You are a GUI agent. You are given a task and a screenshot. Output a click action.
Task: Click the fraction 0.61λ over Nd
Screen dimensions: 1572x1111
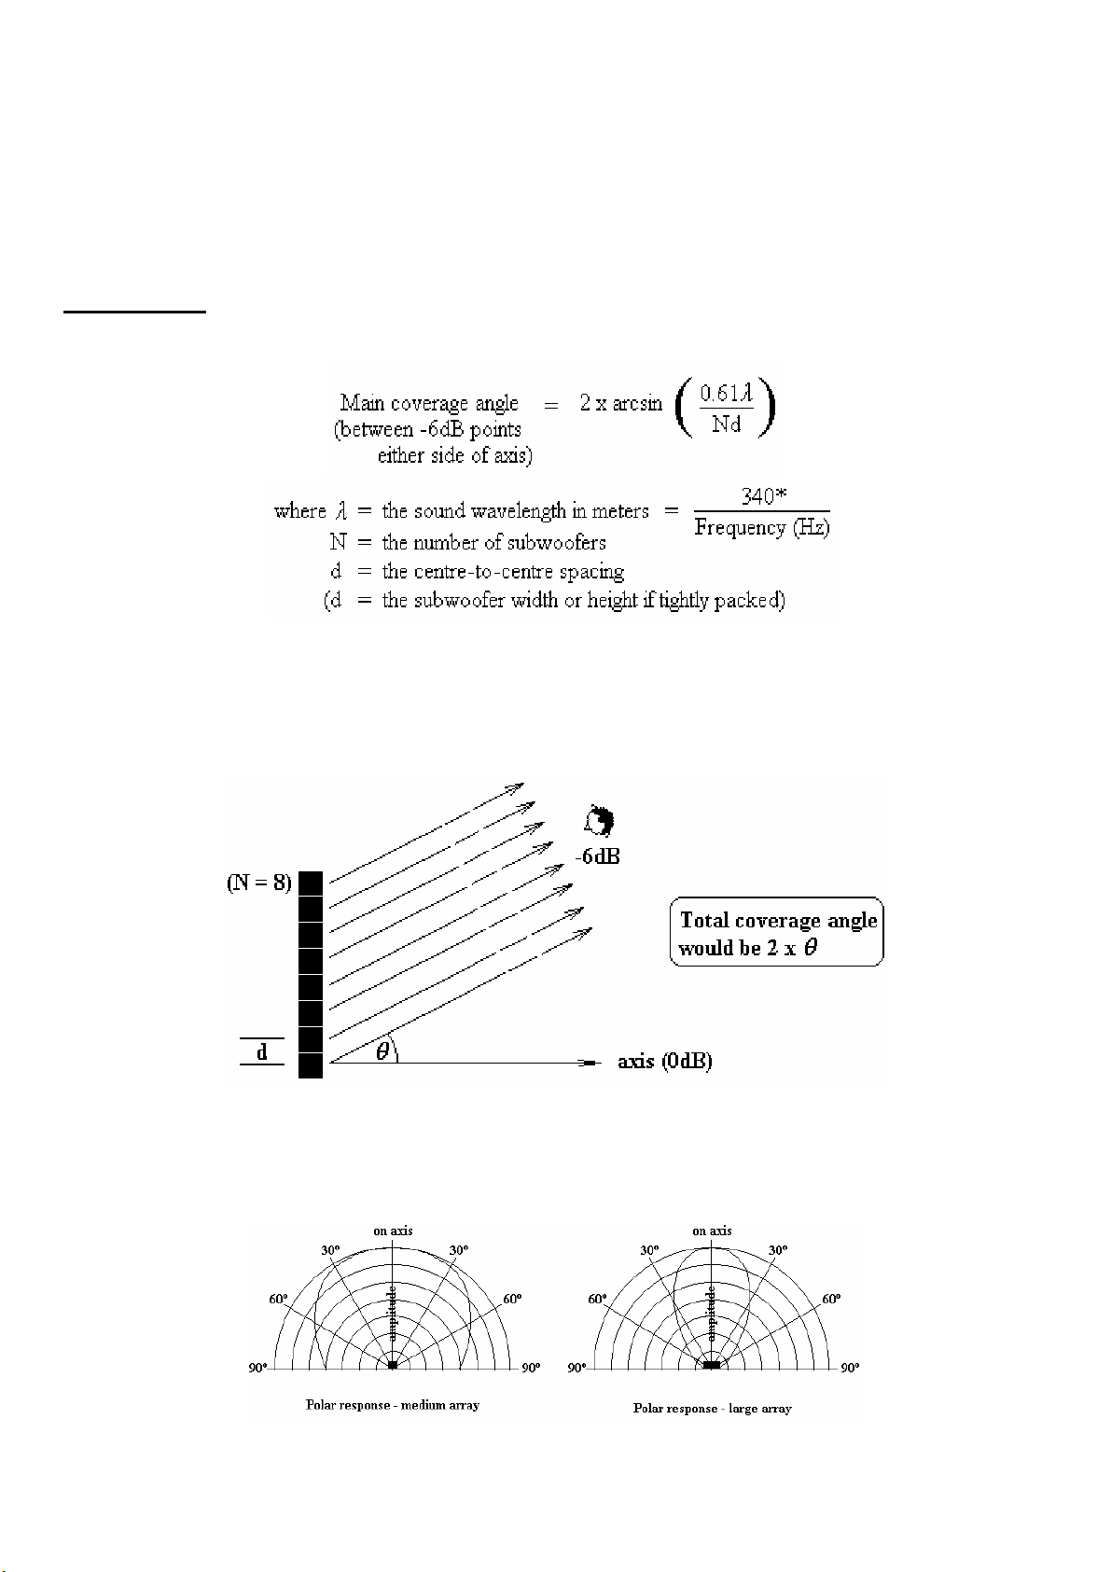(x=726, y=409)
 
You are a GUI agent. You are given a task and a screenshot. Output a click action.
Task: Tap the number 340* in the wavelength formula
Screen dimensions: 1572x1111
(x=764, y=496)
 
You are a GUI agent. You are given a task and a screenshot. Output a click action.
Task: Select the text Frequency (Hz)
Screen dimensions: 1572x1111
(x=761, y=527)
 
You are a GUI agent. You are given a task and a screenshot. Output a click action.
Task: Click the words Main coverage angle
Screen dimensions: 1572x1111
(x=429, y=403)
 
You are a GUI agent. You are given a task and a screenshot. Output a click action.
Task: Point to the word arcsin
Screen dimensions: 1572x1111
(x=633, y=403)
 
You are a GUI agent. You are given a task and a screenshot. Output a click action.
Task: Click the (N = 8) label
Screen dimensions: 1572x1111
(x=259, y=882)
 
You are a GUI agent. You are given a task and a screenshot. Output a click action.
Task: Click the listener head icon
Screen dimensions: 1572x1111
(x=598, y=821)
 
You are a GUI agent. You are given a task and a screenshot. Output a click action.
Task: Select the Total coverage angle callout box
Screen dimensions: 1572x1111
(x=776, y=933)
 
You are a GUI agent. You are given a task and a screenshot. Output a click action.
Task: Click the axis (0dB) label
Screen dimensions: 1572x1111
(x=665, y=1062)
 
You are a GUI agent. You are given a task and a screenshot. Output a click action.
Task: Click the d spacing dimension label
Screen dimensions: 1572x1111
(x=262, y=1051)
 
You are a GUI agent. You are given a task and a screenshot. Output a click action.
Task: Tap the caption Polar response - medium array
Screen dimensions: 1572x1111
(x=393, y=1404)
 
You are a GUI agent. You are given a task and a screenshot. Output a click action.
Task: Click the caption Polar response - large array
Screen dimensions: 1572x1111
(x=712, y=1408)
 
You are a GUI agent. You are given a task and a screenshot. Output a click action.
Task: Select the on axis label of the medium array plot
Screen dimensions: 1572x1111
(x=393, y=1231)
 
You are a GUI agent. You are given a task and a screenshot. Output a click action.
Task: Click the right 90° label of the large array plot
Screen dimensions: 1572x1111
(x=849, y=1368)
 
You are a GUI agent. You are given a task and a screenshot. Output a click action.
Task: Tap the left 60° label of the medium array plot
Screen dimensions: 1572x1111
(x=279, y=1299)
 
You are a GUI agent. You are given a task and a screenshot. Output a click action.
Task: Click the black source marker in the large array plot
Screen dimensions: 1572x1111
(x=712, y=1365)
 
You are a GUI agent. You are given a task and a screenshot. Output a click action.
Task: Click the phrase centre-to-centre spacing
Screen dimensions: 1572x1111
(x=503, y=572)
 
